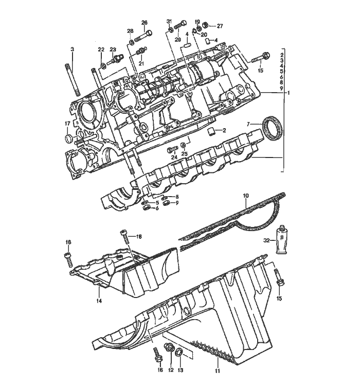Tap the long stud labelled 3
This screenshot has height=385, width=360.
[x=73, y=79]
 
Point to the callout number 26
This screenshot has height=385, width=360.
[x=145, y=23]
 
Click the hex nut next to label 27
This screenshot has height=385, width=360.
[x=206, y=25]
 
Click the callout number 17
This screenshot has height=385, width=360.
[x=67, y=124]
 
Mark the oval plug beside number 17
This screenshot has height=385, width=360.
[x=69, y=138]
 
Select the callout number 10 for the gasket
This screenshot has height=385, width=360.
[x=246, y=196]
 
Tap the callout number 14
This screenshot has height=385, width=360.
[x=99, y=301]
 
